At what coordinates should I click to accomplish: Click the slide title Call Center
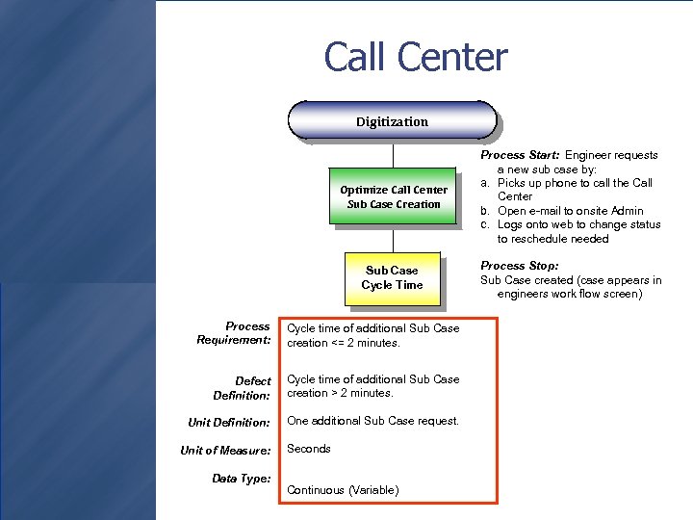click(x=415, y=57)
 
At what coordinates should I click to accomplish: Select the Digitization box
click(x=392, y=122)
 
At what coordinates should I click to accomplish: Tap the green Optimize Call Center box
click(x=393, y=196)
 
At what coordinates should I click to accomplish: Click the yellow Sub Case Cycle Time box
click(x=392, y=277)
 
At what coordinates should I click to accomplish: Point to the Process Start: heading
click(x=521, y=155)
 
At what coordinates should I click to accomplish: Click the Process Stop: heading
click(x=520, y=266)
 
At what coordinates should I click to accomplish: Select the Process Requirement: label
click(x=234, y=333)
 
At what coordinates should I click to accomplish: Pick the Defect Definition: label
click(x=242, y=388)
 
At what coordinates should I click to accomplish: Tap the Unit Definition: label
click(x=229, y=423)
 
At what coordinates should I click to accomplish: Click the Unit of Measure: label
click(x=225, y=450)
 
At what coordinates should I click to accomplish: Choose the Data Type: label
click(x=242, y=478)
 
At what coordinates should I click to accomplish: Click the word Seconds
click(x=309, y=449)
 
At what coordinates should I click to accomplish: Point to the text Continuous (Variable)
click(x=343, y=490)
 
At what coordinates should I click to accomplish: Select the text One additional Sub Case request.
click(x=373, y=421)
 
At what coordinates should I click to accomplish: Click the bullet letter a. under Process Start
click(x=486, y=183)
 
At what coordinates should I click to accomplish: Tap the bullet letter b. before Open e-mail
click(x=486, y=211)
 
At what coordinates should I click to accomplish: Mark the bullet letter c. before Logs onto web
click(x=486, y=224)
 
